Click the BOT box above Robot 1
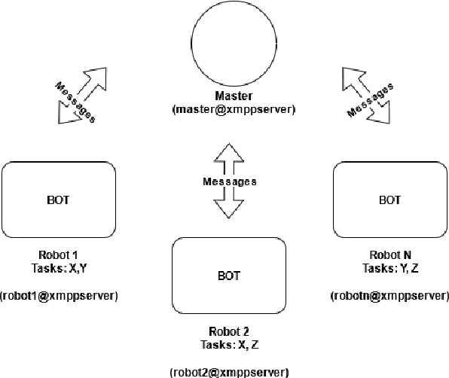(x=60, y=200)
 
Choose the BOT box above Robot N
(x=389, y=200)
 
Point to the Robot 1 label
(x=58, y=254)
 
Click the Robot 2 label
(x=229, y=331)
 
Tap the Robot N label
(x=389, y=254)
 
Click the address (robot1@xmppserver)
(x=59, y=295)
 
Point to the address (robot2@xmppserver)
(x=229, y=371)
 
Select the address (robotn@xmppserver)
(x=389, y=295)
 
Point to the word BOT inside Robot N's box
(x=389, y=200)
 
